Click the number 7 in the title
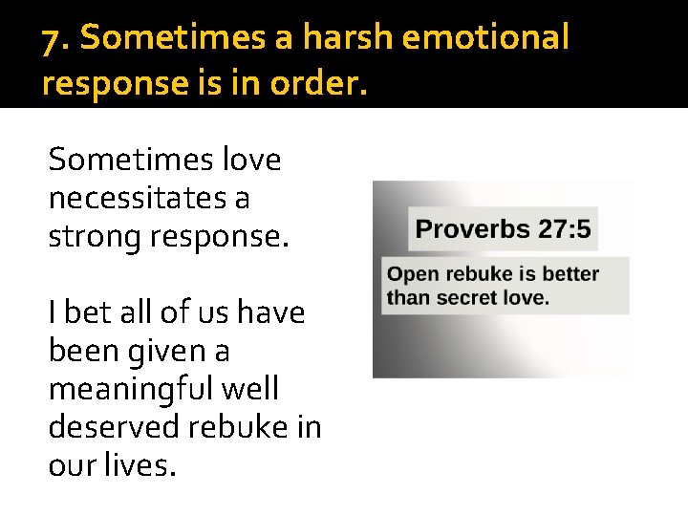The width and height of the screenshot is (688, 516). pos(54,38)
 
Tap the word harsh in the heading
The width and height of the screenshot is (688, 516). pos(350,38)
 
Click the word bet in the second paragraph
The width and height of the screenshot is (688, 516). pos(84,312)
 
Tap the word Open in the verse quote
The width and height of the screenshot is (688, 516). pos(412,275)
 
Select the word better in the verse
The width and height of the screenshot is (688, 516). pos(570,274)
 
